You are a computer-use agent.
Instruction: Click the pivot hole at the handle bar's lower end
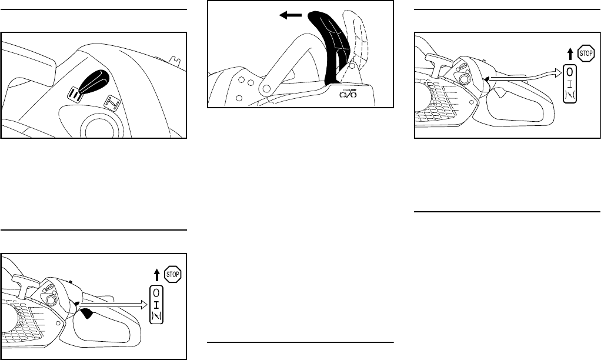point(265,88)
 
